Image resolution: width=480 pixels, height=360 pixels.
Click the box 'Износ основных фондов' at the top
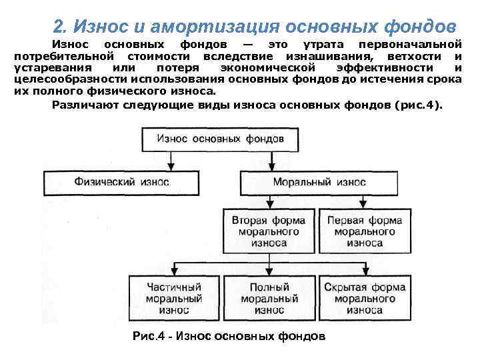point(220,139)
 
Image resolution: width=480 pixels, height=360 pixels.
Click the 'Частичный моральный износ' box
point(175,298)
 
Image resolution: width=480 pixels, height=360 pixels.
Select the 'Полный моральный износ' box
point(269,298)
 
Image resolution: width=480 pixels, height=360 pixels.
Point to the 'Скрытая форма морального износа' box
point(365,298)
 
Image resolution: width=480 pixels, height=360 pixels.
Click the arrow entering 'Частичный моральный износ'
point(175,270)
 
